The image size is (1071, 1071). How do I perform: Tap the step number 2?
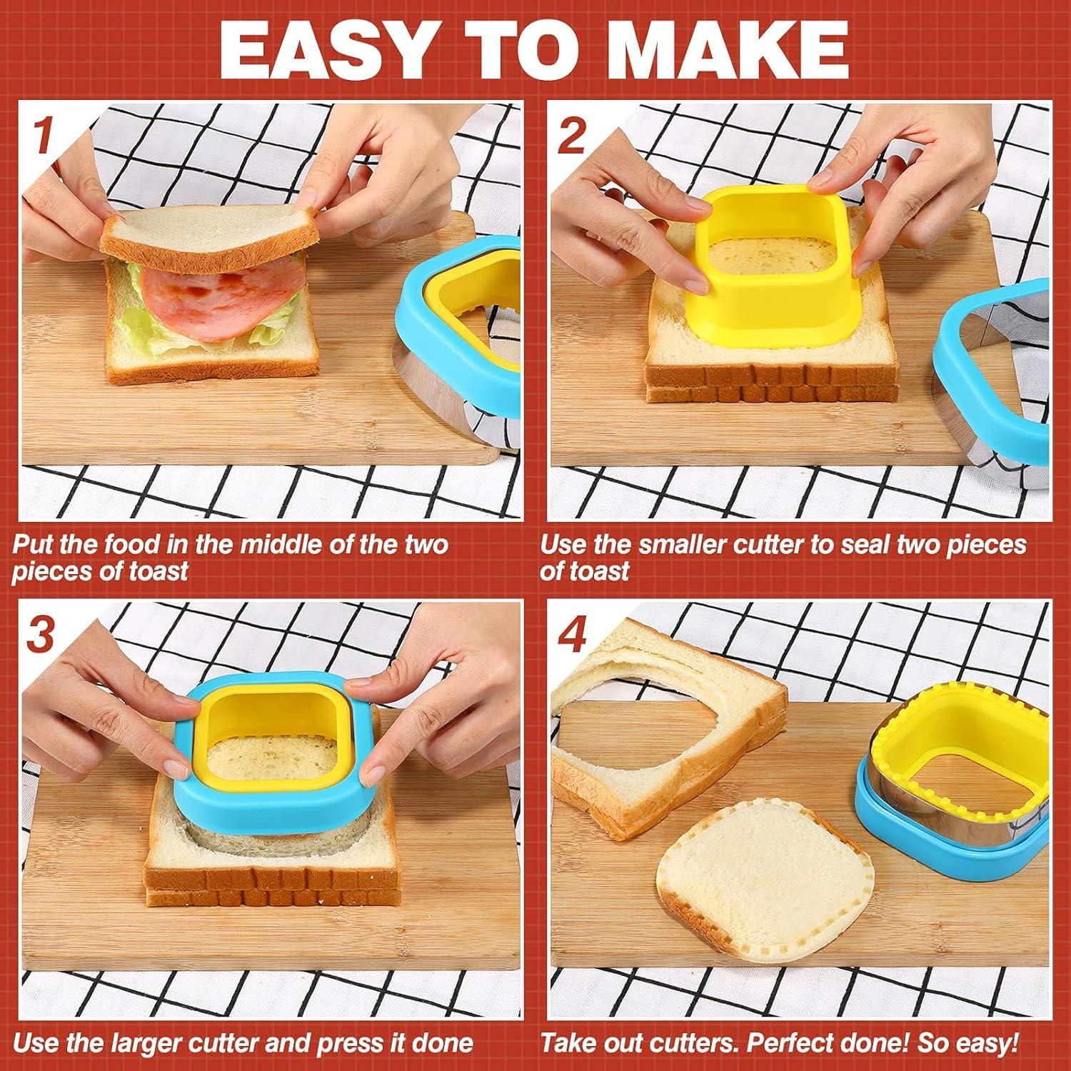point(571,134)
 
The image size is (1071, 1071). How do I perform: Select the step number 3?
point(40,633)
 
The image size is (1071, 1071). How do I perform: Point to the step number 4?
point(571,633)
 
